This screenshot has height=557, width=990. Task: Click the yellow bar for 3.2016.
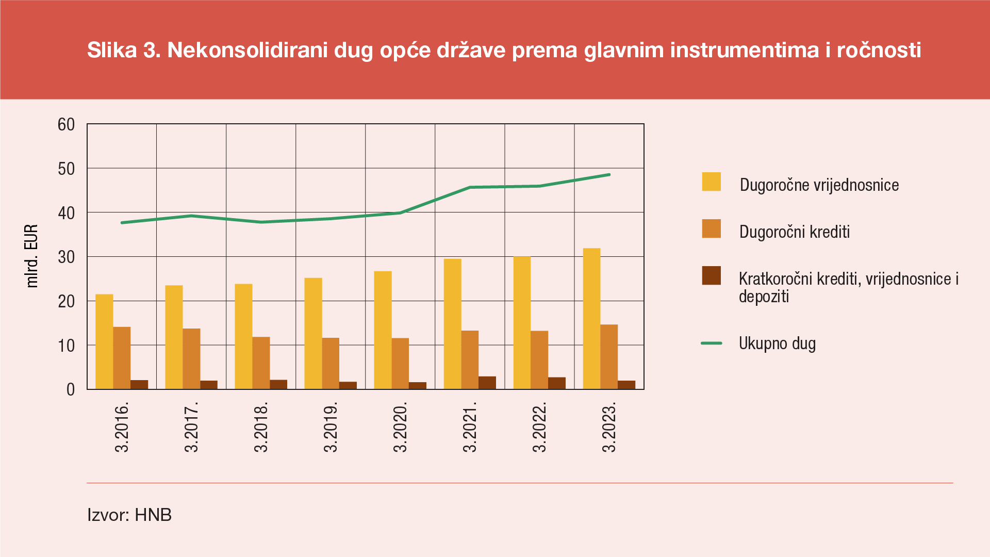point(104,341)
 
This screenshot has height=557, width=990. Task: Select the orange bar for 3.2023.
point(609,357)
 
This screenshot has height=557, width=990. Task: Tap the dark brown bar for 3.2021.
point(487,383)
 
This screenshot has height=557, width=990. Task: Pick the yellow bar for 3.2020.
point(383,330)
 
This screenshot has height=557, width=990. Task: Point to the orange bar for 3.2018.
point(261,363)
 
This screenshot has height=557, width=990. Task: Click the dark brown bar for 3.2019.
point(348,385)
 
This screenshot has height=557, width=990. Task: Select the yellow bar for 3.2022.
point(522,323)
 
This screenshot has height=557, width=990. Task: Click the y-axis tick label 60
point(67,125)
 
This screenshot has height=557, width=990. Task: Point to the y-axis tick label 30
point(67,257)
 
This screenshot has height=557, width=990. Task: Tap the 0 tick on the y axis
point(71,390)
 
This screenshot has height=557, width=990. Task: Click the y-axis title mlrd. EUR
point(32,256)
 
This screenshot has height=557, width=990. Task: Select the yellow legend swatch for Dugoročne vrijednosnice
point(711,182)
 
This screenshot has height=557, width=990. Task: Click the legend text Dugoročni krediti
point(794,232)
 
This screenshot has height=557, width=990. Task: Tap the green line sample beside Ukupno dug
point(711,343)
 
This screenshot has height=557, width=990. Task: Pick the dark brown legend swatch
point(711,276)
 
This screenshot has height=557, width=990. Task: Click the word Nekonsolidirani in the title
point(247,50)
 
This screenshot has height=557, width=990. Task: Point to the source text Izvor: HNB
point(129,515)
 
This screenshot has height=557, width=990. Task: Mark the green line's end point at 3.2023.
point(609,175)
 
